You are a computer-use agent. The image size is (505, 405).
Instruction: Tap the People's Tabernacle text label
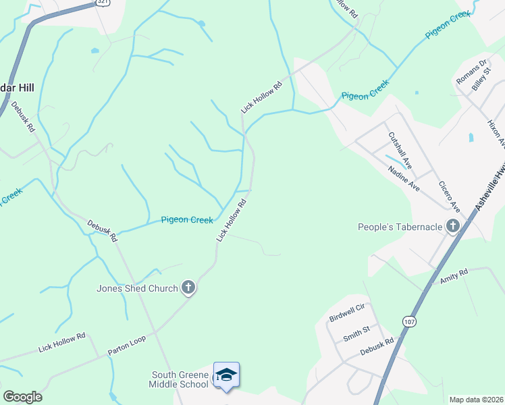click(400, 227)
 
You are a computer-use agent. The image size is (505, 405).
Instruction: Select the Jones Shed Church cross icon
click(188, 288)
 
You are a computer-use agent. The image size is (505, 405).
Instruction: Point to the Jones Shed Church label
click(137, 289)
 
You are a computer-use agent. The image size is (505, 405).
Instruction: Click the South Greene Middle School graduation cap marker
click(226, 375)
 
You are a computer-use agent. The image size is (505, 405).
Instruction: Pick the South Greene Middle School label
click(179, 380)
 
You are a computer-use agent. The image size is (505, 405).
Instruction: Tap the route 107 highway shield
click(409, 322)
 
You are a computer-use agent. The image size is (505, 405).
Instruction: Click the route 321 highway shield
click(102, 2)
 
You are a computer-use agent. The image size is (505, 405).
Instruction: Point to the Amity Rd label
click(454, 275)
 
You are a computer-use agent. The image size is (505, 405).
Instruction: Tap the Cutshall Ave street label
click(400, 149)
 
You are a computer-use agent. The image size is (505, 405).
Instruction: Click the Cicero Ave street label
click(449, 196)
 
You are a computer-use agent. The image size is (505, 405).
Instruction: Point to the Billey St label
click(480, 82)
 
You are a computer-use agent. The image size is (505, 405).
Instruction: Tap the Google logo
click(22, 396)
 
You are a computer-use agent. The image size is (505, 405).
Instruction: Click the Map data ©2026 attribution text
click(476, 400)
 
